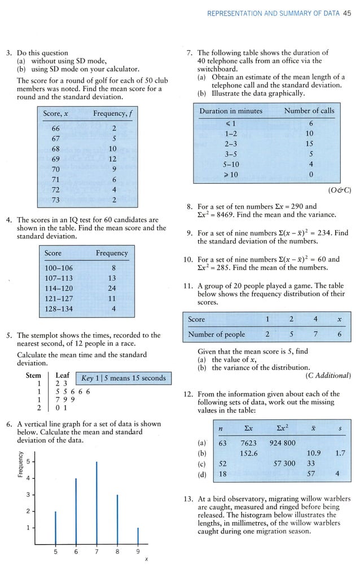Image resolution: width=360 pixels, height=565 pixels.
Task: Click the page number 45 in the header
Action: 347,15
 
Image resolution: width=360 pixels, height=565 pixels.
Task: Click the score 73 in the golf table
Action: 55,200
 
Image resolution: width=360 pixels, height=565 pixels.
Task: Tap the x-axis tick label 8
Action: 117,552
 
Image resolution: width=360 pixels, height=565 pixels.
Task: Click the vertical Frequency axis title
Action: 19,466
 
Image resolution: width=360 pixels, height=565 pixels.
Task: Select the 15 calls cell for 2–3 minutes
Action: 310,144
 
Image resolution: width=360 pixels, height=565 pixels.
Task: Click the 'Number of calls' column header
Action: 309,111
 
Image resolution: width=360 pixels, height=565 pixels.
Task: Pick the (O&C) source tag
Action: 339,190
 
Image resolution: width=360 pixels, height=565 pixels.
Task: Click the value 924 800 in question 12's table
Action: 282,443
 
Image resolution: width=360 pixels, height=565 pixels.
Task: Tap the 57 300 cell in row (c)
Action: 284,464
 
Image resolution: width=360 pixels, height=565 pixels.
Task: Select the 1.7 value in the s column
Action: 337,453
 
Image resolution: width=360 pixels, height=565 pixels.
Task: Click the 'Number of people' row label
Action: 216,334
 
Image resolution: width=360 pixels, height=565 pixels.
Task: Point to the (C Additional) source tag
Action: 328,376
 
